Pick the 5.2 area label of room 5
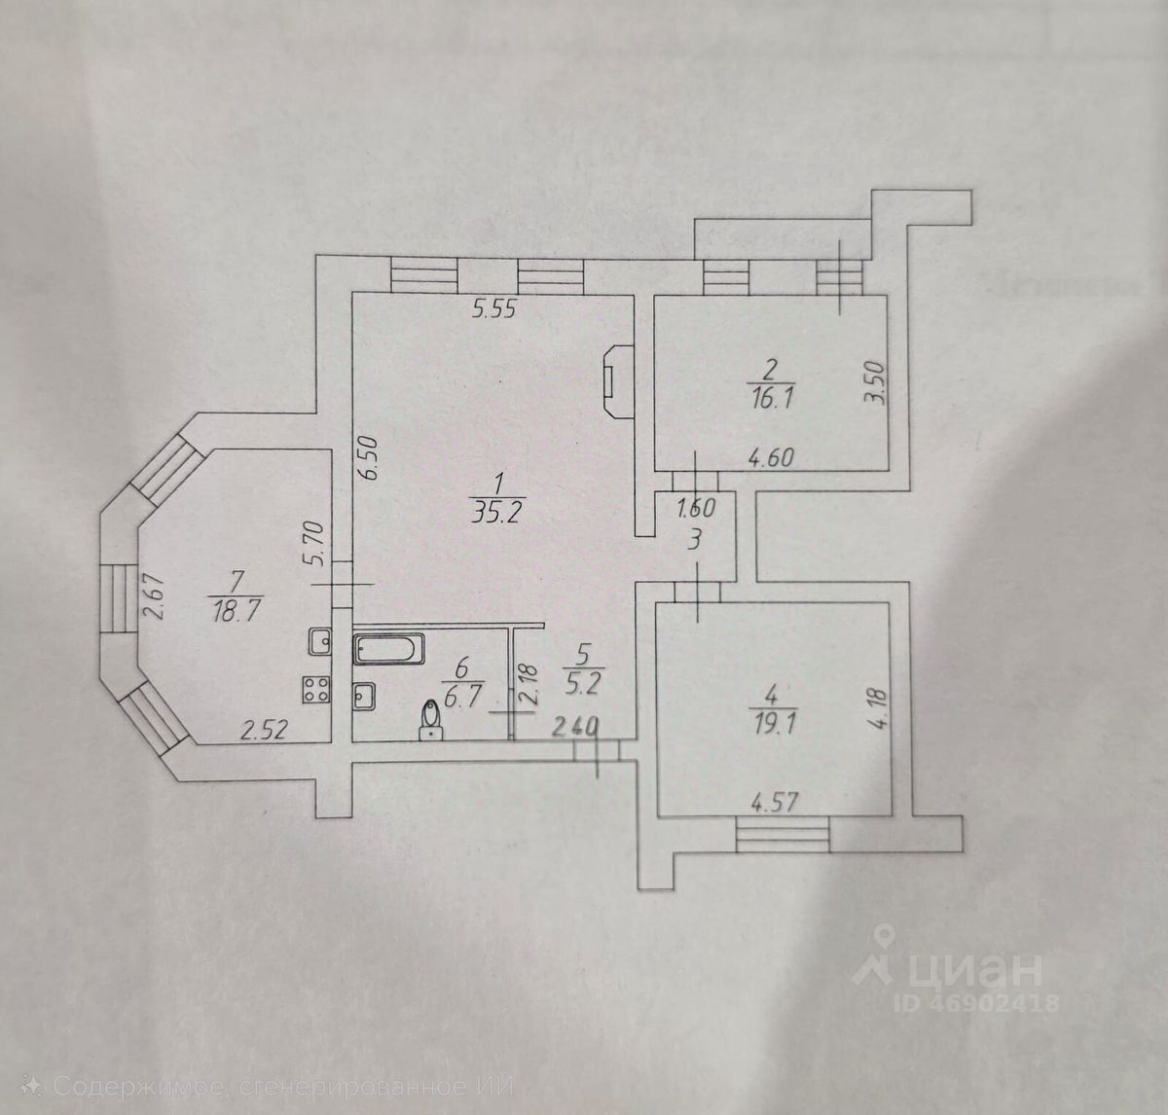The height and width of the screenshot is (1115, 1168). (583, 678)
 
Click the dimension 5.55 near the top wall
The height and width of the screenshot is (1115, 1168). (493, 310)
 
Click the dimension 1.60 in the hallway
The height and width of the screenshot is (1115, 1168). (696, 507)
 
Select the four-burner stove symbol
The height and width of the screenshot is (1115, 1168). (315, 689)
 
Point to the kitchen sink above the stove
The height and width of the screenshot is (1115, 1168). (318, 642)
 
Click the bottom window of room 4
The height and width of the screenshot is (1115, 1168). (783, 835)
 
